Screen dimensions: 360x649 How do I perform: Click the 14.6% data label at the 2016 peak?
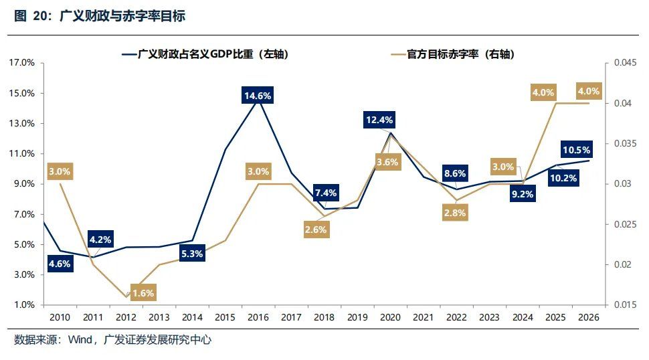[x=258, y=96]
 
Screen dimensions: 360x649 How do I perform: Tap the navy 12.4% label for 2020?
[x=379, y=120]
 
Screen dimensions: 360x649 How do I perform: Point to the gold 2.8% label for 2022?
[x=455, y=213]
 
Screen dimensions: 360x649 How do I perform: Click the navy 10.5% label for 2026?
[x=577, y=149]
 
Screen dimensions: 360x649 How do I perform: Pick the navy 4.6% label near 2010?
[x=60, y=264]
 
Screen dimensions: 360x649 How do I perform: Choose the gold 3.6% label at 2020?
[x=387, y=162]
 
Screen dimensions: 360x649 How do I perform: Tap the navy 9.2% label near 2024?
[x=522, y=195]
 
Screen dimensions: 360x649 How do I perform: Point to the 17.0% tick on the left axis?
[x=23, y=63]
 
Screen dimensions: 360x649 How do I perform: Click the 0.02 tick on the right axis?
[x=618, y=264]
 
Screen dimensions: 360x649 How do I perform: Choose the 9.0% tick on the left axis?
[x=25, y=184]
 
